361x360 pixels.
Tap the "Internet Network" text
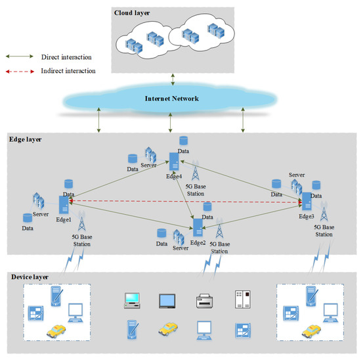171,99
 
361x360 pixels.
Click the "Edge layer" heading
26,139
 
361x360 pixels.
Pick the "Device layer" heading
30,277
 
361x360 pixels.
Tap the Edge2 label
198,242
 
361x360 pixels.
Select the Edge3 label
307,215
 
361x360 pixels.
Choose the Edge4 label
174,175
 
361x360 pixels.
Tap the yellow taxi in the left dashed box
58,333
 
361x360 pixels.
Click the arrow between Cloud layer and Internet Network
172,79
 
